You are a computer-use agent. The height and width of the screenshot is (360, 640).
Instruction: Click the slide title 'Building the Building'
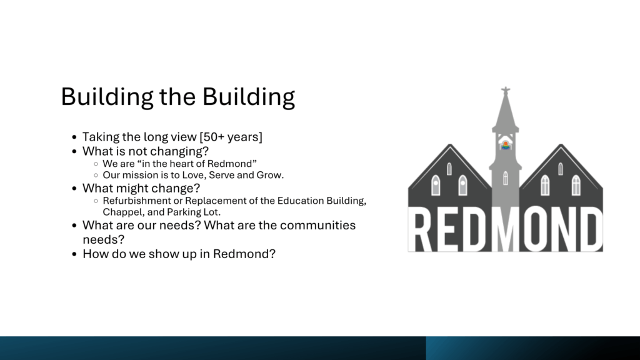click(178, 97)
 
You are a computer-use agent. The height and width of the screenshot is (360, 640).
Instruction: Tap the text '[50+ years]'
click(231, 137)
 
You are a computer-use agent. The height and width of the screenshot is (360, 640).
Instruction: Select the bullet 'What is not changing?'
click(145, 151)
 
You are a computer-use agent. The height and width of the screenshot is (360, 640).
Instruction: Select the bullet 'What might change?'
click(141, 188)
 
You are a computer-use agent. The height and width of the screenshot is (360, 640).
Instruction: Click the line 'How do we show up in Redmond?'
click(179, 254)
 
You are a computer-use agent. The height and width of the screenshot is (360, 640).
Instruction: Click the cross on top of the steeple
click(506, 91)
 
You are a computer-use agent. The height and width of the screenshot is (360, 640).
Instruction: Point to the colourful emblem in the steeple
click(505, 145)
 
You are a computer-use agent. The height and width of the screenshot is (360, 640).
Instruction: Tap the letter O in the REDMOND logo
click(533, 229)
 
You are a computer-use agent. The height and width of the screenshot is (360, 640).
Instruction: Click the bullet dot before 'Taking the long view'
click(74, 137)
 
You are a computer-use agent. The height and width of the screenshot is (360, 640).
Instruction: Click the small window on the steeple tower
click(505, 178)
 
